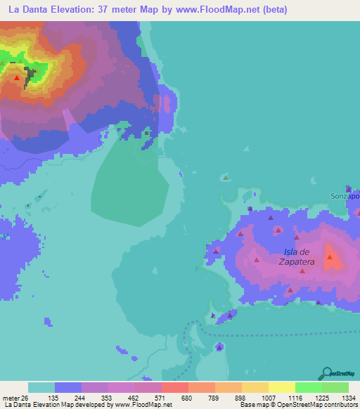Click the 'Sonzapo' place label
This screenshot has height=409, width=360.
pyautogui.click(x=345, y=196)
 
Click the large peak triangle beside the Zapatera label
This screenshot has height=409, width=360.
pyautogui.click(x=329, y=258)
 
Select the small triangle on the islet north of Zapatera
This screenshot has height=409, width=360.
pyautogui.click(x=225, y=178)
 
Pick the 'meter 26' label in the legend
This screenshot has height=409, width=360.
pyautogui.click(x=14, y=398)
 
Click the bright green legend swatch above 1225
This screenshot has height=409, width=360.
pyautogui.click(x=309, y=387)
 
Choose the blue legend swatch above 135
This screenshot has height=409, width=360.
pyautogui.click(x=68, y=387)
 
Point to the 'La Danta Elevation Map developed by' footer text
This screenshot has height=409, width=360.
pyautogui.click(x=55, y=405)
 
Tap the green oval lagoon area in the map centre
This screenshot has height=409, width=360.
pyautogui.click(x=130, y=186)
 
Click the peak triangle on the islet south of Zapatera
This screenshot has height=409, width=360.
pyautogui.click(x=219, y=346)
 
